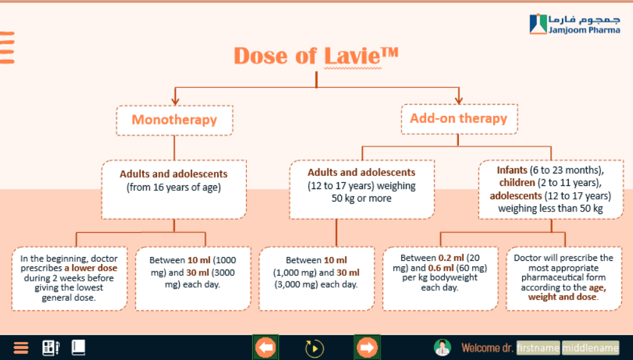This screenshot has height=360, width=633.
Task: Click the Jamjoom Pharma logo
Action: pos(575,24)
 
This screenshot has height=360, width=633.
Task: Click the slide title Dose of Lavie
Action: pos(316,56)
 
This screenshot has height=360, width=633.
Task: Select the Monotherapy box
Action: pos(175,120)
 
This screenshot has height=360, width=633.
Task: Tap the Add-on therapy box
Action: pos(459,119)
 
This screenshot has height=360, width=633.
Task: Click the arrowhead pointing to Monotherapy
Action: pos(175,101)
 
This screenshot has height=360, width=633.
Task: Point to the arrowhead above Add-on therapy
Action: pos(458,100)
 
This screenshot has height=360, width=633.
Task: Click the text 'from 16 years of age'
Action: pos(173,187)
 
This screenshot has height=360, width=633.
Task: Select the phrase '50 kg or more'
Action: pos(361,198)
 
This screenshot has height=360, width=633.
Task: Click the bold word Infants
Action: pos(512,170)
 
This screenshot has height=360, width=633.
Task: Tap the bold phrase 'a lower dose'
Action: pos(91,268)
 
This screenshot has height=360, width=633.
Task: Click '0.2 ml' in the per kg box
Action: pos(452,258)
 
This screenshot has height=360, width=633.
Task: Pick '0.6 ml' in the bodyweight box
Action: pos(440,268)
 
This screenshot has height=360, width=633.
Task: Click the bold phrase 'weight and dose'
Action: pos(562,297)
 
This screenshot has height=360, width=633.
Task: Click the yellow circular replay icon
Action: pos(314,348)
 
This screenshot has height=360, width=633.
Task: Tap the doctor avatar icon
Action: pos(442,348)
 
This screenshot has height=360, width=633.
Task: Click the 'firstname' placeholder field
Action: pos(538,348)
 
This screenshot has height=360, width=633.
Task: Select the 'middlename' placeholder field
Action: pos(590,348)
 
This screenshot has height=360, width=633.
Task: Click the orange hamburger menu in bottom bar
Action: pos(21,348)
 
